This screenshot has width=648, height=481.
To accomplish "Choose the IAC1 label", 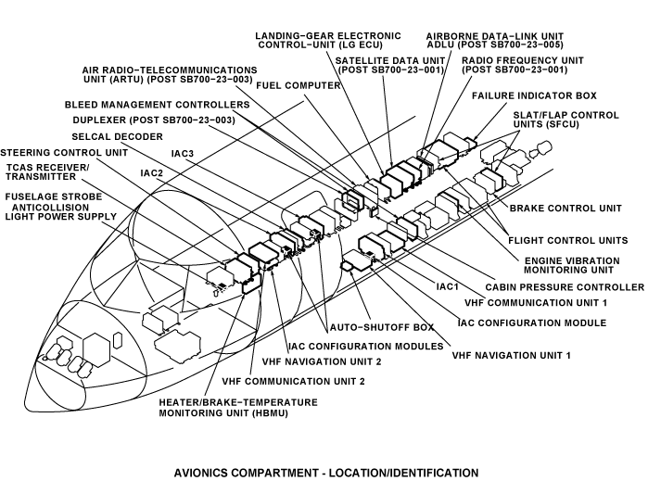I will point(448,286).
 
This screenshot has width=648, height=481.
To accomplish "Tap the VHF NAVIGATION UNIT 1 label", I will point(511,355).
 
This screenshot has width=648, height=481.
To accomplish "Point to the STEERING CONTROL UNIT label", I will point(63,152).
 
